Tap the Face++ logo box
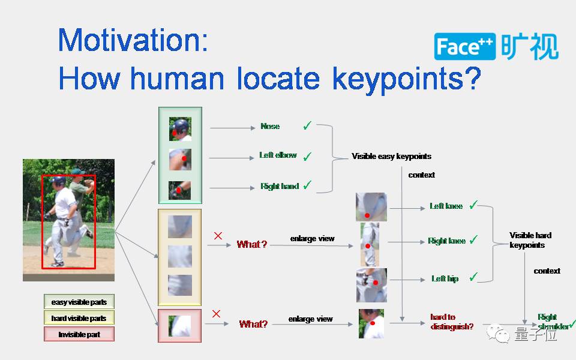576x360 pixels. (466, 47)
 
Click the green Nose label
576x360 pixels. (270, 127)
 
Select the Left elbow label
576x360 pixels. (278, 155)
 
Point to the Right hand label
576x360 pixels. (279, 187)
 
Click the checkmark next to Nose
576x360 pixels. (307, 126)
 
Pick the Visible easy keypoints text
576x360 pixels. (391, 157)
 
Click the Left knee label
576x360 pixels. (446, 206)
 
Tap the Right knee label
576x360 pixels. (446, 241)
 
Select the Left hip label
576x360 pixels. (445, 279)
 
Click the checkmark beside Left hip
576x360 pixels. (473, 277)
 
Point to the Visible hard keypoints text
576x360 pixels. (530, 240)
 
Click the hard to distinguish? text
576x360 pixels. (451, 322)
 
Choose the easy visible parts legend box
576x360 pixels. (79, 302)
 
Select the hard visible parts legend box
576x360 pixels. (79, 318)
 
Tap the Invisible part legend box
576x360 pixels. (79, 334)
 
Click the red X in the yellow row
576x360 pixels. (218, 236)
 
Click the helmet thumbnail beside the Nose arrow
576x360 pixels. (180, 128)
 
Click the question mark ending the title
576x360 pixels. (473, 79)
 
